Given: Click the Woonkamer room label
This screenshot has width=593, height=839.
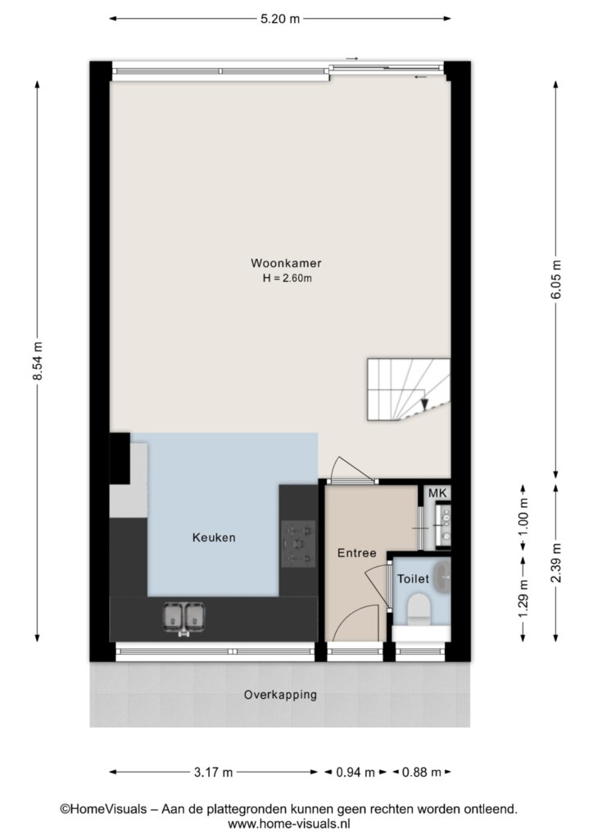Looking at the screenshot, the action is [x=286, y=263].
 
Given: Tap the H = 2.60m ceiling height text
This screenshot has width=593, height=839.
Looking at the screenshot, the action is [x=287, y=279].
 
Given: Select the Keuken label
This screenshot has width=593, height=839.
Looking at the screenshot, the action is [x=214, y=537].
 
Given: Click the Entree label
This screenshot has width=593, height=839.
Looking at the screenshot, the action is [x=356, y=553].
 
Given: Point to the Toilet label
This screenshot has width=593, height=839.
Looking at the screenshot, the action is [x=413, y=578].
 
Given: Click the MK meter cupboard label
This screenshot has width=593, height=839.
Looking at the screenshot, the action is [x=437, y=493].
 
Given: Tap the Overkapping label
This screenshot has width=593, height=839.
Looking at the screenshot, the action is [x=280, y=695].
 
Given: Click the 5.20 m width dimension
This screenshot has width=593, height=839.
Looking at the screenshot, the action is [x=280, y=19].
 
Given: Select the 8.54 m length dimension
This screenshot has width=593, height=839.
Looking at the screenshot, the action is [x=38, y=361].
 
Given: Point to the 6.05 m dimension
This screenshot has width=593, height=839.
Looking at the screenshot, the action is [x=556, y=279].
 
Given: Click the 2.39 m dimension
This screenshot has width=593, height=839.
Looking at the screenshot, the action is [x=556, y=563].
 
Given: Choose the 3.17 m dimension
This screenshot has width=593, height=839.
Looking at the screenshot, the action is [x=213, y=772].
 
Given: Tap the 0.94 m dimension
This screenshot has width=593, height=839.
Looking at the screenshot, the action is [x=355, y=772].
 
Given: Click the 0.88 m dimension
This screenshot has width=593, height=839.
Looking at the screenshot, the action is [x=422, y=772].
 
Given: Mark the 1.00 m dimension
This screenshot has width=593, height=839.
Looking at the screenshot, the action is [x=523, y=518].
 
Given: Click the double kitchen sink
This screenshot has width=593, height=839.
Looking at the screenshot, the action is [x=184, y=618].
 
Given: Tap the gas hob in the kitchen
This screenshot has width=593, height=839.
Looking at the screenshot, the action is [x=298, y=544].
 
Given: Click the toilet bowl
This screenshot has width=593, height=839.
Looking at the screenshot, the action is [x=419, y=609].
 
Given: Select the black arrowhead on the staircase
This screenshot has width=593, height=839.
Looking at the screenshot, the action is [x=424, y=404].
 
